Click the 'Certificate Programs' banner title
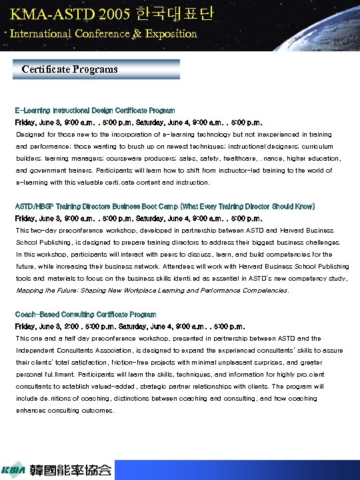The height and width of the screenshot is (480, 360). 69,69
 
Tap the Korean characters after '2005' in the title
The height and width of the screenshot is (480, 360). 177,13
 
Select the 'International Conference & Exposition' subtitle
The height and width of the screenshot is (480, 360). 103,33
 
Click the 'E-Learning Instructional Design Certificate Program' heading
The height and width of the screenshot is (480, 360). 95,111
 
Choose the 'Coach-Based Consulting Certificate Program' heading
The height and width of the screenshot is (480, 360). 85,314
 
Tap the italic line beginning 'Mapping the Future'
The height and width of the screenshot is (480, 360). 152,290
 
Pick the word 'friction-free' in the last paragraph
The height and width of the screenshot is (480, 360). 133,362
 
